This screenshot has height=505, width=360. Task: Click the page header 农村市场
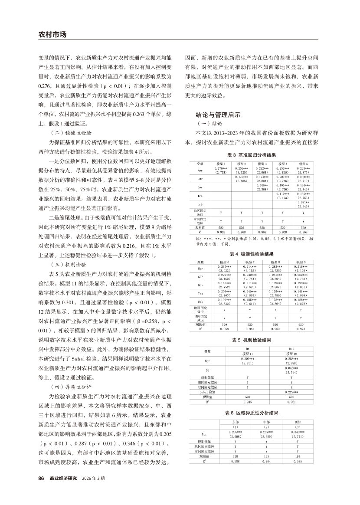pyautogui.click(x=52, y=34)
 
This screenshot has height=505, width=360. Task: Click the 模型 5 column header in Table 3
pyautogui.click(x=303, y=164)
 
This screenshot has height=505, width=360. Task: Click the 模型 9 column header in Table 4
pyautogui.click(x=303, y=262)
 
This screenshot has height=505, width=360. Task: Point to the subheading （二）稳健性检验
pyautogui.click(x=73, y=133)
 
